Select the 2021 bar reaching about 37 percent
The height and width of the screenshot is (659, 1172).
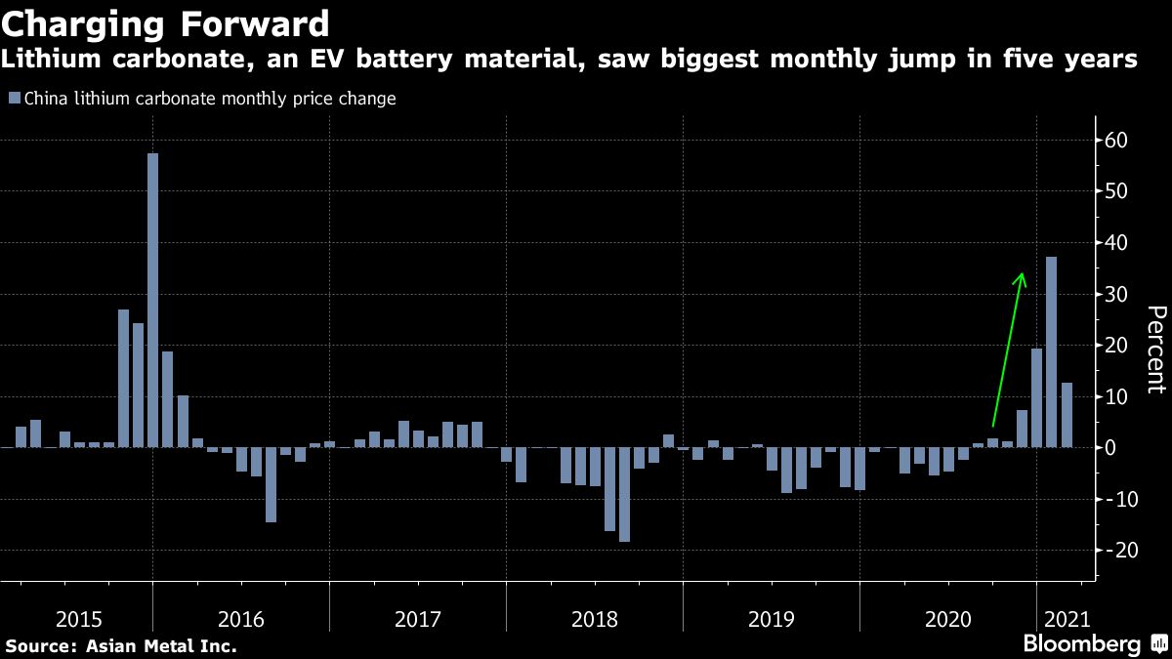point(1051,351)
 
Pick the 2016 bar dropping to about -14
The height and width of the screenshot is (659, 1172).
point(271,484)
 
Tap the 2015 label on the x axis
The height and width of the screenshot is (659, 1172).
point(80,619)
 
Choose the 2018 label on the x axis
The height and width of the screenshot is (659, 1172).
point(594,619)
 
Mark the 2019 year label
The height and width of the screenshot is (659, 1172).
point(772,619)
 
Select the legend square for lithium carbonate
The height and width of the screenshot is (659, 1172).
point(13,99)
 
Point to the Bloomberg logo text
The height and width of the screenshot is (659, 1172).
point(1081,644)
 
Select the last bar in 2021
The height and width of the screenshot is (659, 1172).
point(1067,415)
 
